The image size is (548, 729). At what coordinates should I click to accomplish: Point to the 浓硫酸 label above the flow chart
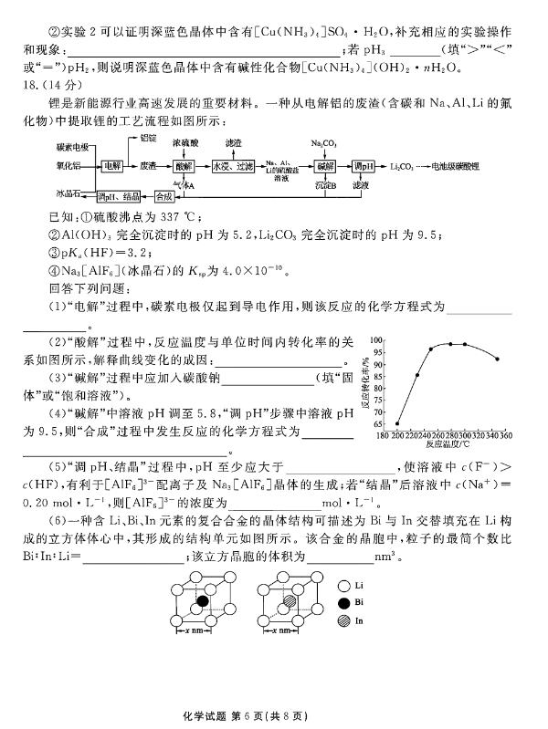point(184,144)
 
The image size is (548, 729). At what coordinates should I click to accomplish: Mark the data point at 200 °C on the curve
point(397,423)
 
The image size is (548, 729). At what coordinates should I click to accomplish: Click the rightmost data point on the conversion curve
point(496,359)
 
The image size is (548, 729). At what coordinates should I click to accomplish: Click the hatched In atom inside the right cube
point(290,601)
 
